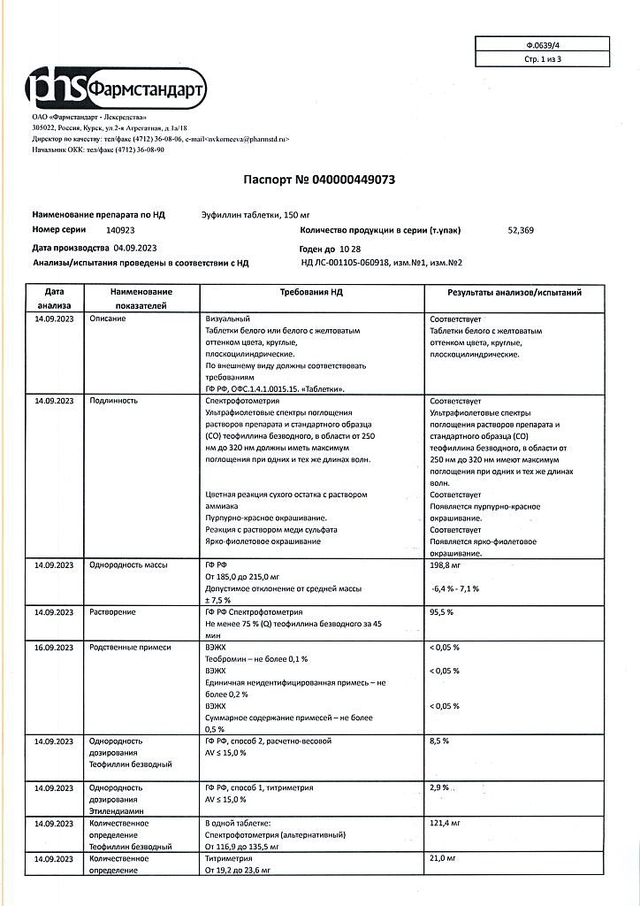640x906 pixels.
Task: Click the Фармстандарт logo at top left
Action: [x=116, y=88]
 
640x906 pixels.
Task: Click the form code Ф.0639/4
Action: [x=542, y=43]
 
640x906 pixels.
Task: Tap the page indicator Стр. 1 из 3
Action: [x=542, y=58]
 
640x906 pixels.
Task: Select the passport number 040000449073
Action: [x=352, y=179]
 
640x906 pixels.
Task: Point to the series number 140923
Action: [x=120, y=230]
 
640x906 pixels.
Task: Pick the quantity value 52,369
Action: [x=521, y=230]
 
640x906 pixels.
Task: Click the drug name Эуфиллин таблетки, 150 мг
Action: [x=251, y=215]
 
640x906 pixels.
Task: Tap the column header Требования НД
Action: [x=310, y=292]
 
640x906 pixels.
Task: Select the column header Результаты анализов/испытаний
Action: [x=514, y=292]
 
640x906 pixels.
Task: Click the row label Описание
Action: [x=108, y=319]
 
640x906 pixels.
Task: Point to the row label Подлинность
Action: [x=114, y=400]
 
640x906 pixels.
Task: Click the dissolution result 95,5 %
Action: [x=441, y=611]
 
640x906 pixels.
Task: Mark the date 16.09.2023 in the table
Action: [x=52, y=648]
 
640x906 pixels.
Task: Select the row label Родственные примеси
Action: [x=129, y=648]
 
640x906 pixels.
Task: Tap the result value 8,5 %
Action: [x=439, y=741]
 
